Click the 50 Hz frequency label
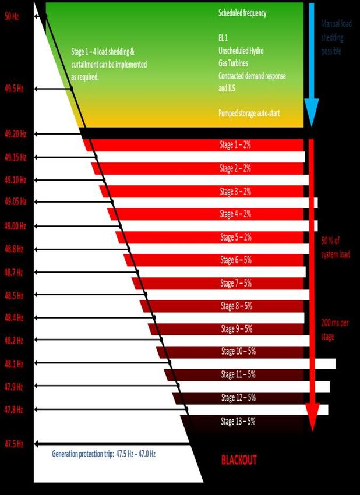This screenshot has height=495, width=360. (x=12, y=17)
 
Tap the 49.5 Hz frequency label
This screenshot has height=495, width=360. (x=13, y=89)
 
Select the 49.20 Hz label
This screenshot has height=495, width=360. (x=15, y=134)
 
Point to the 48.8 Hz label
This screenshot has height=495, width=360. (x=13, y=249)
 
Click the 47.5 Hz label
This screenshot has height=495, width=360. (x=13, y=444)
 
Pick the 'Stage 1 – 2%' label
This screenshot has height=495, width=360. (x=235, y=145)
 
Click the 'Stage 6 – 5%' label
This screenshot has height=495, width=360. (x=236, y=260)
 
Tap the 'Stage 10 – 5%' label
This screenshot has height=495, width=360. (x=238, y=351)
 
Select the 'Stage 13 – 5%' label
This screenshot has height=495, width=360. (x=238, y=421)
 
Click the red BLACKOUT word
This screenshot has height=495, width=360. (x=239, y=460)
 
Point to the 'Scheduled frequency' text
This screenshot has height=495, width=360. (x=242, y=13)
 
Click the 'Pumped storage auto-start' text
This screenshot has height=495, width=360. (x=249, y=114)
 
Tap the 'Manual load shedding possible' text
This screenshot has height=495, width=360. (x=336, y=37)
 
